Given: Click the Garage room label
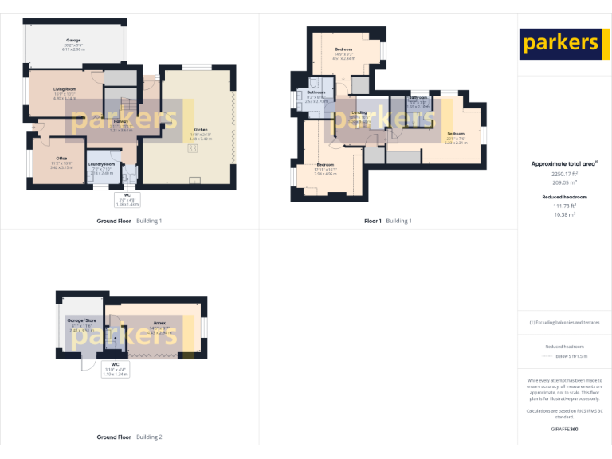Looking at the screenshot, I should [73, 40].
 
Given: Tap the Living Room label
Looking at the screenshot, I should [65, 88].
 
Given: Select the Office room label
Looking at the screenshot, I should [61, 159].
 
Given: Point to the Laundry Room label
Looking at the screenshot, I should [104, 164].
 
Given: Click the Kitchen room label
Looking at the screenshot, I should [200, 130].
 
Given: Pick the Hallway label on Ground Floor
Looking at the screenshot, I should [120, 121].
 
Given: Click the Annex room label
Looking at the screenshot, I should [159, 323].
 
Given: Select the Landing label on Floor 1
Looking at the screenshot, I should [359, 112].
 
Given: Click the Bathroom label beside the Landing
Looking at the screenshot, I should [316, 92].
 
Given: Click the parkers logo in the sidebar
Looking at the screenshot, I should [559, 42].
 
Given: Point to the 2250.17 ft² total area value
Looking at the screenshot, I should [563, 174].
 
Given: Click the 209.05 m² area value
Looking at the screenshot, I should [563, 182].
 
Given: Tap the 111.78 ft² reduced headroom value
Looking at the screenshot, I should [563, 206].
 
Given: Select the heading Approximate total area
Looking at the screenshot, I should [563, 164].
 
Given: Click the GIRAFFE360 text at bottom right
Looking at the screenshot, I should [564, 429].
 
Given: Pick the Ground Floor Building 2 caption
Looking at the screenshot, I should [129, 437].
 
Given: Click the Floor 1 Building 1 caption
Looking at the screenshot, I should [388, 221].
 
